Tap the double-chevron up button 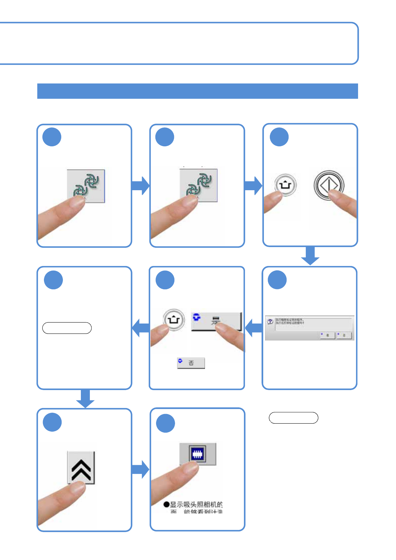coord(81,467)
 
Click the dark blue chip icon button coord(198,454)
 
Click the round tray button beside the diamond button coord(285,185)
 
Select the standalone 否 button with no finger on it coord(191,363)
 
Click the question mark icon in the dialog coord(270,322)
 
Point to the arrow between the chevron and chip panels coord(140,469)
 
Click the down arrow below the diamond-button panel coord(310,256)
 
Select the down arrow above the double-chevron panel coord(85,398)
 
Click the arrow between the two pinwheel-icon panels coord(140,186)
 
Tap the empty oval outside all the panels coord(293,418)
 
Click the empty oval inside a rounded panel coord(67,328)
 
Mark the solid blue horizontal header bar coord(197,91)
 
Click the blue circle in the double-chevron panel coord(52,422)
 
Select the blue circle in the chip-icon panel coord(165,423)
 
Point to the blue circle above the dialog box coord(277,280)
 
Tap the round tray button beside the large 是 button coord(173,320)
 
